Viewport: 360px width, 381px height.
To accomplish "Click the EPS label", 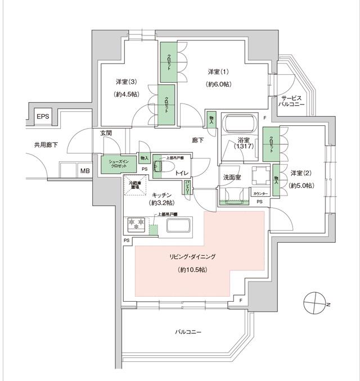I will [43, 116].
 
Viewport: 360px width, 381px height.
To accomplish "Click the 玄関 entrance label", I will [107, 134].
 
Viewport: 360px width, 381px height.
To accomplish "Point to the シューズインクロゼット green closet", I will [115, 165].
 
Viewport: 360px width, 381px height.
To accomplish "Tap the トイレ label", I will [182, 174].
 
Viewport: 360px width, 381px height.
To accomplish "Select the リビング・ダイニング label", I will [192, 257].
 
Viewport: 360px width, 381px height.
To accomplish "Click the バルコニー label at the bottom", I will [187, 332].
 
